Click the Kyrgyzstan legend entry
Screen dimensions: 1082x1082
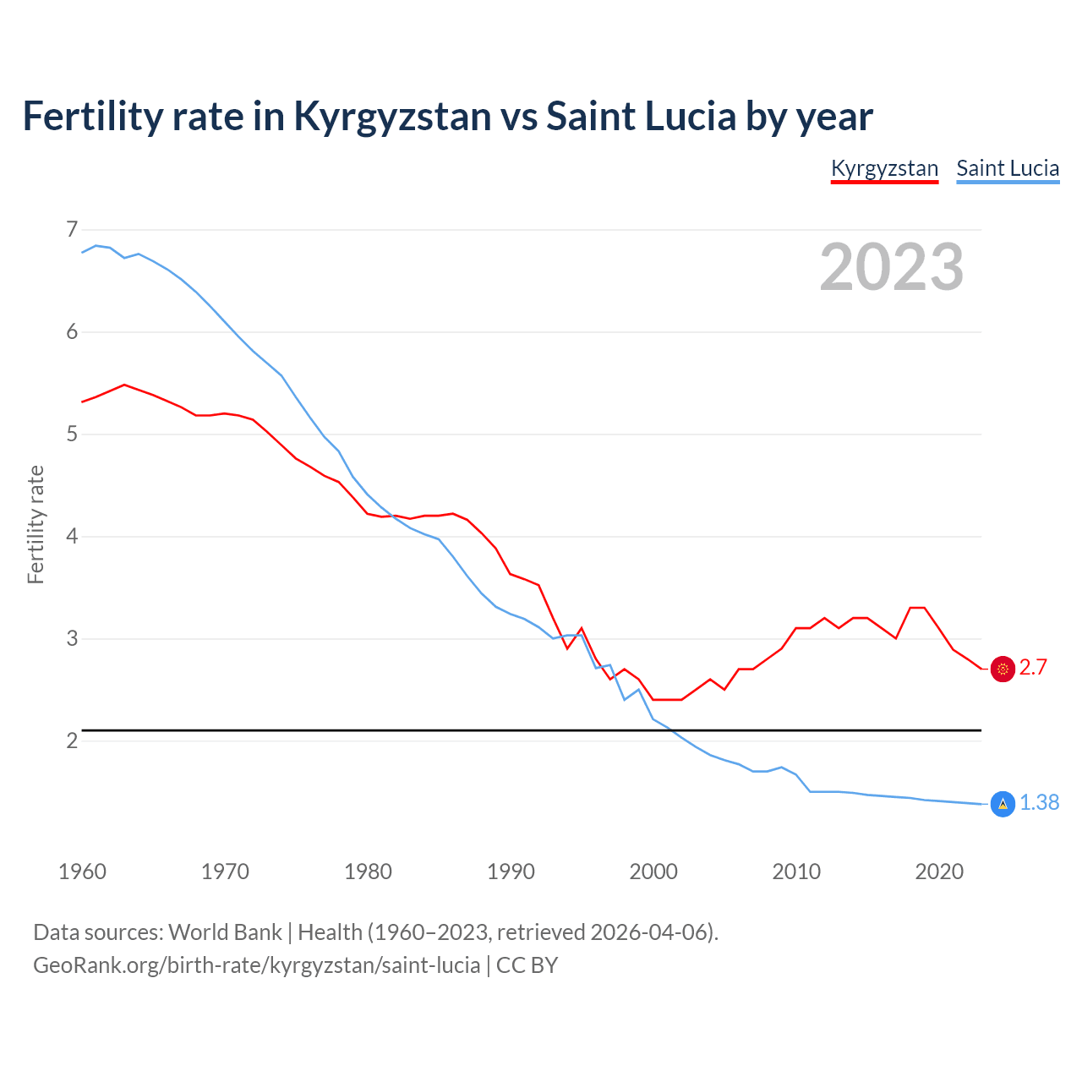click(x=884, y=168)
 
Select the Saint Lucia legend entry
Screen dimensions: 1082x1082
click(x=1008, y=168)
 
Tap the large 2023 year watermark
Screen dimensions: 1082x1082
click(x=892, y=267)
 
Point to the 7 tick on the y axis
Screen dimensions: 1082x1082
click(x=72, y=229)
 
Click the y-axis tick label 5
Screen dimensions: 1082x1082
click(x=72, y=434)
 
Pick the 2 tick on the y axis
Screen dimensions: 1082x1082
click(x=72, y=740)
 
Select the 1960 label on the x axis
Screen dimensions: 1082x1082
click(x=82, y=872)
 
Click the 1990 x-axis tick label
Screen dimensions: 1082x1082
click(x=511, y=872)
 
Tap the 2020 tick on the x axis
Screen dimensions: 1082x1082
click(x=939, y=872)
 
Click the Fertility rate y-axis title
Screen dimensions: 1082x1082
click(x=36, y=524)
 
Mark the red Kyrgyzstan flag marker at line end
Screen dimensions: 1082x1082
click(x=1003, y=669)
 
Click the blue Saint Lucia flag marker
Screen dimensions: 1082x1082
click(x=1003, y=803)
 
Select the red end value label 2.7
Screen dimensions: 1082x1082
click(x=1033, y=668)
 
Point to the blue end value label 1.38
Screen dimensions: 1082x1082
click(x=1039, y=803)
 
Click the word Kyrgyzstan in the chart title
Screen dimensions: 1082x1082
click(x=392, y=117)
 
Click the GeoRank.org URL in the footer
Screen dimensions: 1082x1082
click(x=256, y=965)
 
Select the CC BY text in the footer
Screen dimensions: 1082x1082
click(x=527, y=965)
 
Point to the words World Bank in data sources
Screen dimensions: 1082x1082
click(x=225, y=932)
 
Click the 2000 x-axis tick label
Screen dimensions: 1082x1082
click(x=653, y=872)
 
